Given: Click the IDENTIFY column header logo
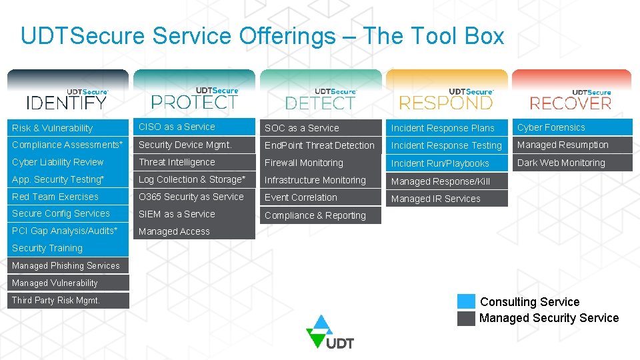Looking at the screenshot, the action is click(x=67, y=99).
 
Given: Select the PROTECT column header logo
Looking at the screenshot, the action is click(x=194, y=99).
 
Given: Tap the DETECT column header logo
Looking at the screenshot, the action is click(x=321, y=99).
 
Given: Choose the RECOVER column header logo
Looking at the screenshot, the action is click(x=571, y=99).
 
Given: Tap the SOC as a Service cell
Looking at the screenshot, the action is click(x=320, y=128).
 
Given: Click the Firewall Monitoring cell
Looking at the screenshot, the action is click(x=320, y=163).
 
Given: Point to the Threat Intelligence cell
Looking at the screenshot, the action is click(x=194, y=162).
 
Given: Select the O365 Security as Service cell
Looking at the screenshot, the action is click(x=194, y=197).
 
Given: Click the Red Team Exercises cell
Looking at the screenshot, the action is click(x=67, y=197).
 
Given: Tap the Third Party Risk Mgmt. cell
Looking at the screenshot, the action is click(x=67, y=301).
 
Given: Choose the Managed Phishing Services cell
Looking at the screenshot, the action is click(x=67, y=265).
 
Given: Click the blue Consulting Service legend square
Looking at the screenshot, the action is click(x=467, y=302).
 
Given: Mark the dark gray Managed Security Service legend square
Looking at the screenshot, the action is click(x=467, y=318).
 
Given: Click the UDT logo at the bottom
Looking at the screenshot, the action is click(x=329, y=332).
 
